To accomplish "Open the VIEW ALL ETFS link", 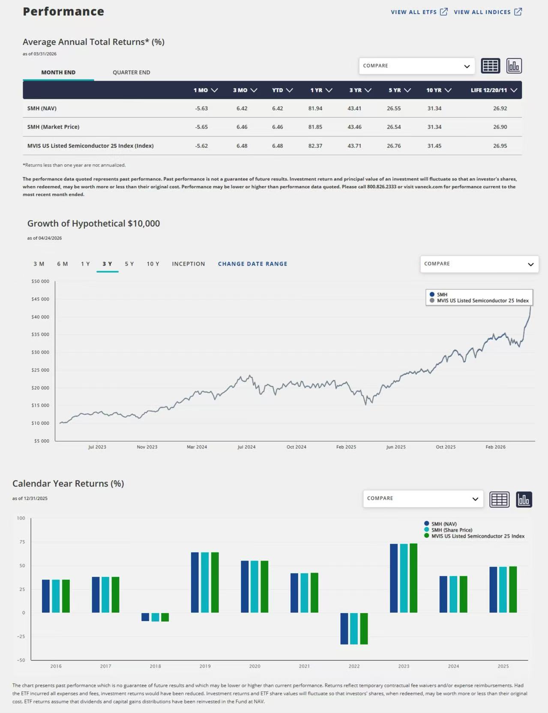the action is (419, 12).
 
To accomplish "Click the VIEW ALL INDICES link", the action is (488, 12).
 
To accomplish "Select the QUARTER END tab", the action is (131, 72).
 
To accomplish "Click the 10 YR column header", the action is (439, 90).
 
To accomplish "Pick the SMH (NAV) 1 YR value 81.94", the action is (315, 108).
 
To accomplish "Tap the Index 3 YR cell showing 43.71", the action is (354, 146).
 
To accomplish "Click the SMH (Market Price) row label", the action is (53, 127).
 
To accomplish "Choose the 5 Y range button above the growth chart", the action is (129, 264).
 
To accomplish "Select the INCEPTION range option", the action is (189, 264).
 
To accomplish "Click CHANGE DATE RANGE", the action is (252, 264).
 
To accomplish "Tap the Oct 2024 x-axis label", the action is (296, 447).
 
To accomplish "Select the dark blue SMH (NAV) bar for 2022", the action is (344, 628).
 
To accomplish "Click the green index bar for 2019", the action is (215, 582).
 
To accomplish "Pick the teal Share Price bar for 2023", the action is (404, 578).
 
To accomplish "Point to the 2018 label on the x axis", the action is (155, 666).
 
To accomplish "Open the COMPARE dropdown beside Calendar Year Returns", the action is (423, 499).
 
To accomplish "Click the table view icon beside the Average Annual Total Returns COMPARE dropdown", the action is (491, 66).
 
